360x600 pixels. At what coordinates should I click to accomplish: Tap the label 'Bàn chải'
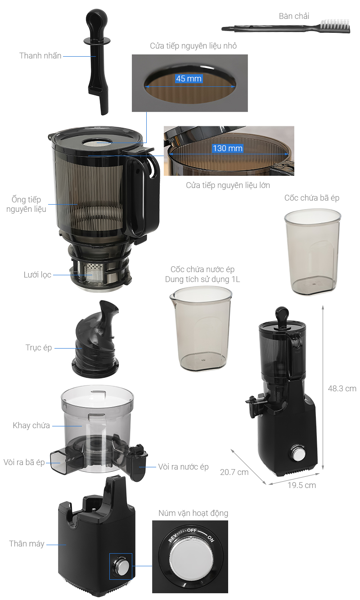click(294, 16)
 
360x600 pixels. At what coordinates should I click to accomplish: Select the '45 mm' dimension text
click(189, 78)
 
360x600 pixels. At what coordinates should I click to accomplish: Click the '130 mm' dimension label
click(227, 148)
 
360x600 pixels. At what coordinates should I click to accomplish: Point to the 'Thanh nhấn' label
click(40, 56)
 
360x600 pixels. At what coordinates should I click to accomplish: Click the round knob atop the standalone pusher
click(96, 18)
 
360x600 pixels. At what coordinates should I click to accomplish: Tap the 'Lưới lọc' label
click(37, 275)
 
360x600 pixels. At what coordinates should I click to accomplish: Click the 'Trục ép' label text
click(39, 347)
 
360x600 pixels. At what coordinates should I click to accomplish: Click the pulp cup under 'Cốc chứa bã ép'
click(313, 252)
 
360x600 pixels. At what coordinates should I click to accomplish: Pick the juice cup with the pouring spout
click(201, 328)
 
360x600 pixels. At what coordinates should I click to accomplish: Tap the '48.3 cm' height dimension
click(342, 389)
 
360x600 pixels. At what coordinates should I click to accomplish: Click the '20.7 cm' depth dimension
click(234, 472)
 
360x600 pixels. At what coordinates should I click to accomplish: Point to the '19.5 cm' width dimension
click(301, 485)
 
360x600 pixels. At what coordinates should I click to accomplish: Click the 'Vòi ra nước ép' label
click(183, 467)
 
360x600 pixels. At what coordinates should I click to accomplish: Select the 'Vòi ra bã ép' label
click(24, 462)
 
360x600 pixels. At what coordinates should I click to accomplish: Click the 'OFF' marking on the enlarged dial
click(192, 530)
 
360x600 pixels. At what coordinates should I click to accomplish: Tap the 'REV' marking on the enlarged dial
click(172, 537)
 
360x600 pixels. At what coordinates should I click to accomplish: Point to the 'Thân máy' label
click(27, 543)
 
